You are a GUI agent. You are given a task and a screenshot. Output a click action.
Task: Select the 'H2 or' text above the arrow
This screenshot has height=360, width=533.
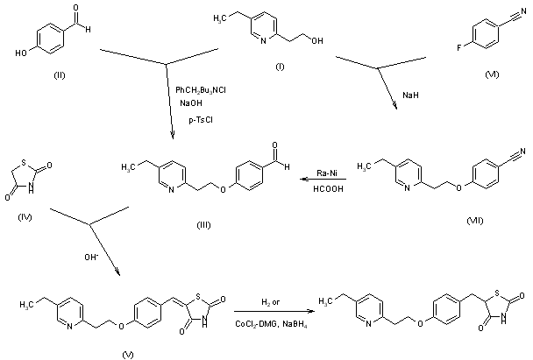coord(273,301)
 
